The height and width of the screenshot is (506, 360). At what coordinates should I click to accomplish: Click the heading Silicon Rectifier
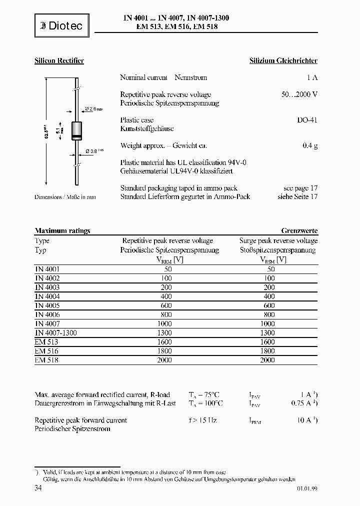point(59,61)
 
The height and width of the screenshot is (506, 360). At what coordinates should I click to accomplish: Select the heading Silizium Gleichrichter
point(283,61)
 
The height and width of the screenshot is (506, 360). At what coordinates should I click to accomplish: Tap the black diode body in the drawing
point(77,130)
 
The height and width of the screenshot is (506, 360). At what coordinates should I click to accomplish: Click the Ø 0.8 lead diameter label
point(94,150)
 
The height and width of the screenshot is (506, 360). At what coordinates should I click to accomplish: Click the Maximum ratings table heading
point(62,231)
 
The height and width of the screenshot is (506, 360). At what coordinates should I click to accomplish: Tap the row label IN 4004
point(47,296)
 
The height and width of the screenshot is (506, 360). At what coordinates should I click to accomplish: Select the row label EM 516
point(46,351)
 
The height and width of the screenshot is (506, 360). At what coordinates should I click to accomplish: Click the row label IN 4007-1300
point(56,332)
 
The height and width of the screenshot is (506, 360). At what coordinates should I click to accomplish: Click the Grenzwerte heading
point(299,231)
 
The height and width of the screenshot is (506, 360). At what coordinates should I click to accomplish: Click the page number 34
point(38,487)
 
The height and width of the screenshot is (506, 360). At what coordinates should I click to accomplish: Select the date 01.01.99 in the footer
point(306,489)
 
